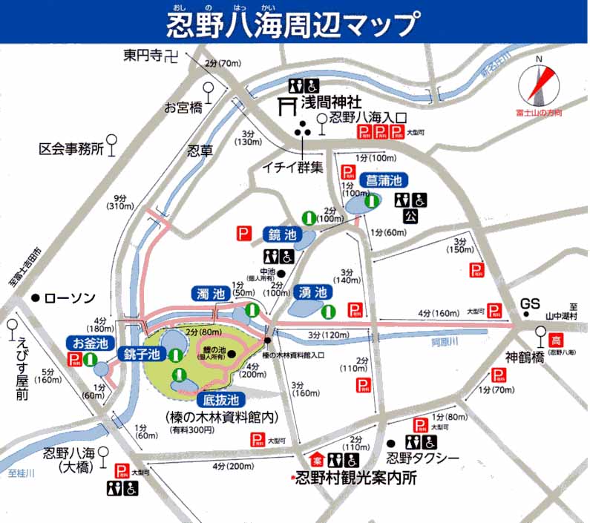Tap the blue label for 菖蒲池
click(x=381, y=180)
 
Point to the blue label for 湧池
click(x=312, y=292)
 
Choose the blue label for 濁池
click(x=210, y=293)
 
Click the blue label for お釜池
click(x=91, y=343)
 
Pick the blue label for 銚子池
click(x=142, y=354)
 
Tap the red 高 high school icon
click(x=556, y=341)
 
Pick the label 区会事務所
click(x=70, y=149)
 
